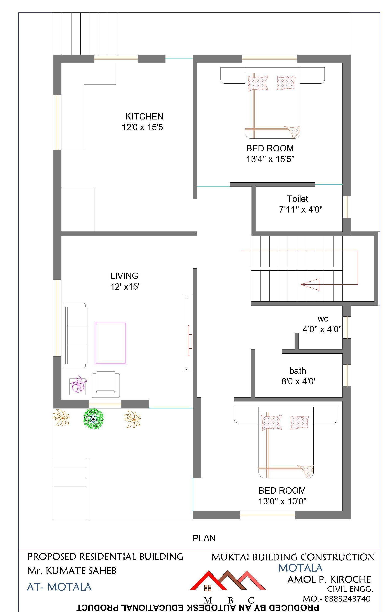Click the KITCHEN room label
pos(144,116)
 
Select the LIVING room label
pos(124,276)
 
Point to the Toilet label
pos(297,199)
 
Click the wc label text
pos(323,318)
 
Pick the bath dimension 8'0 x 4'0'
pos(298,381)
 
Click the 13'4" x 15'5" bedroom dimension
pos(270,159)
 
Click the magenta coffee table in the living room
pos(111,343)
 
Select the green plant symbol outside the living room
pos(94,418)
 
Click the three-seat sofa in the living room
pos(75,335)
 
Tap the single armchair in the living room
pos(106,384)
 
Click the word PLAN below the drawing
pos(204,538)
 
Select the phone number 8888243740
pos(347,598)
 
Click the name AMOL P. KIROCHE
pos(329,579)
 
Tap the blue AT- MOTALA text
pos(59,587)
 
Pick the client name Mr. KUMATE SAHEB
pos(72,571)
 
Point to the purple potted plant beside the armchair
pos(78,386)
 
